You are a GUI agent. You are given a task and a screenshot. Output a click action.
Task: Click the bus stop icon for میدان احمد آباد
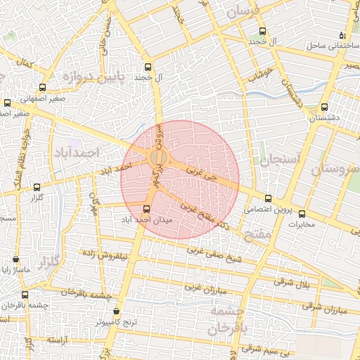(x=147, y=209)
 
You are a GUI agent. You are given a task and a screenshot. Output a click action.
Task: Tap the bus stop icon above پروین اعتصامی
(x=269, y=198)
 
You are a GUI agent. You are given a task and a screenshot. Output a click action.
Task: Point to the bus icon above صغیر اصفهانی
(x=43, y=88)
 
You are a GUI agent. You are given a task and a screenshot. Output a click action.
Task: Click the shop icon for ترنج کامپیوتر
(x=116, y=311)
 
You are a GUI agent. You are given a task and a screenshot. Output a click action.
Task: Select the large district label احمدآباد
(x=77, y=153)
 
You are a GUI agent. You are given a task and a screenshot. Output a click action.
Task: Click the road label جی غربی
(x=202, y=174)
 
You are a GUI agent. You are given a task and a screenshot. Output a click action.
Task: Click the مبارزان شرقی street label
(x=324, y=307)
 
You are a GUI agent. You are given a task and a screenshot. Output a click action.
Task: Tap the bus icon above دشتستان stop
(x=323, y=108)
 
